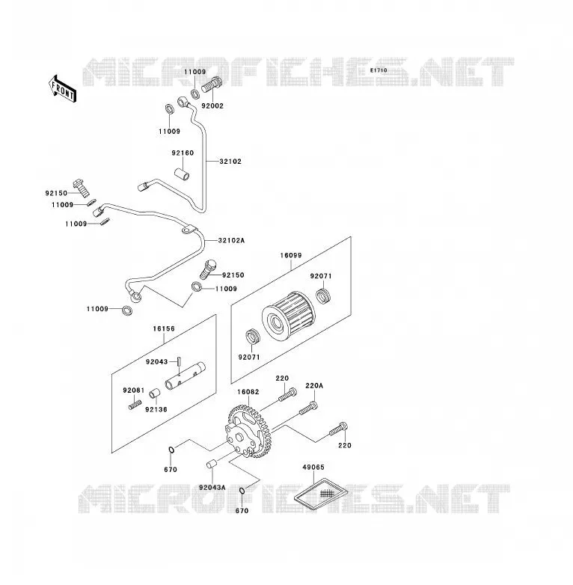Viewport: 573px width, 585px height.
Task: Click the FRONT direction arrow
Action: (x=63, y=89)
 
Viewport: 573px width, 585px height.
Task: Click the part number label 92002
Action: (x=212, y=106)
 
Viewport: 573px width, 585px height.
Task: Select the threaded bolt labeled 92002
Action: (x=212, y=85)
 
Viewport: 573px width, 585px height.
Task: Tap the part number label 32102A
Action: (x=231, y=240)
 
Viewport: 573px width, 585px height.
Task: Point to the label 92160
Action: (x=183, y=153)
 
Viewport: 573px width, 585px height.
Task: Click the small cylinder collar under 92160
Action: (x=182, y=174)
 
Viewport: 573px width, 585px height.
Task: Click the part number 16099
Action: (x=291, y=256)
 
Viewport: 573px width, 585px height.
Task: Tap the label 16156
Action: (x=164, y=328)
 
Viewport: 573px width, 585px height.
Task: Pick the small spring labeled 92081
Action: (x=135, y=405)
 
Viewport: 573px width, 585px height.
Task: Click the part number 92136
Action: (x=156, y=410)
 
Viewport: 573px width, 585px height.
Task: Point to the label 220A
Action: (x=314, y=386)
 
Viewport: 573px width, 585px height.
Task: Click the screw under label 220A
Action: (x=308, y=408)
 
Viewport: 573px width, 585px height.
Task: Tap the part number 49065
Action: (x=313, y=467)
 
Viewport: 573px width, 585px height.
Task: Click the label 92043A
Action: (x=212, y=488)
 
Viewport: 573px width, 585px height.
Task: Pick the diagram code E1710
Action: (x=379, y=70)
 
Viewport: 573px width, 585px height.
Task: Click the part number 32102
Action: (x=230, y=162)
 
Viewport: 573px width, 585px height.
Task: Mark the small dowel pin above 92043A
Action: (x=212, y=465)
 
